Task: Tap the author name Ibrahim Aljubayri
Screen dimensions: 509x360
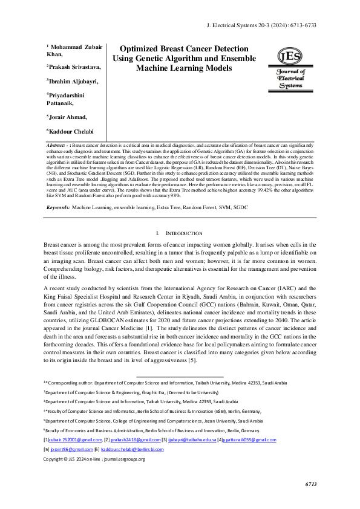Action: tap(73, 81)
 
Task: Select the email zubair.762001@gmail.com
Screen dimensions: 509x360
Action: tap(75, 439)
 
